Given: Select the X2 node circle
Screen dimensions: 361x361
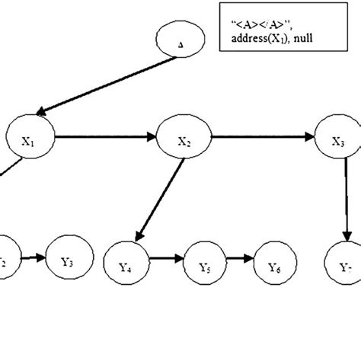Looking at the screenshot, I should pyautogui.click(x=183, y=139).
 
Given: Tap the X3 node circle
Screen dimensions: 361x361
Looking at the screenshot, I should pyautogui.click(x=340, y=139).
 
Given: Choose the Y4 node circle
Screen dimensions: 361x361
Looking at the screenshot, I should pyautogui.click(x=126, y=267).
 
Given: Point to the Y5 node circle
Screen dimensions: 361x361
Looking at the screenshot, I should pyautogui.click(x=203, y=267).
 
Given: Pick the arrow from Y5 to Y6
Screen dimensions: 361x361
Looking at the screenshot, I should pyautogui.click(x=239, y=260).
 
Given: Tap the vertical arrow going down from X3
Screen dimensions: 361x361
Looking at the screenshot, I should pyautogui.click(x=347, y=198).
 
